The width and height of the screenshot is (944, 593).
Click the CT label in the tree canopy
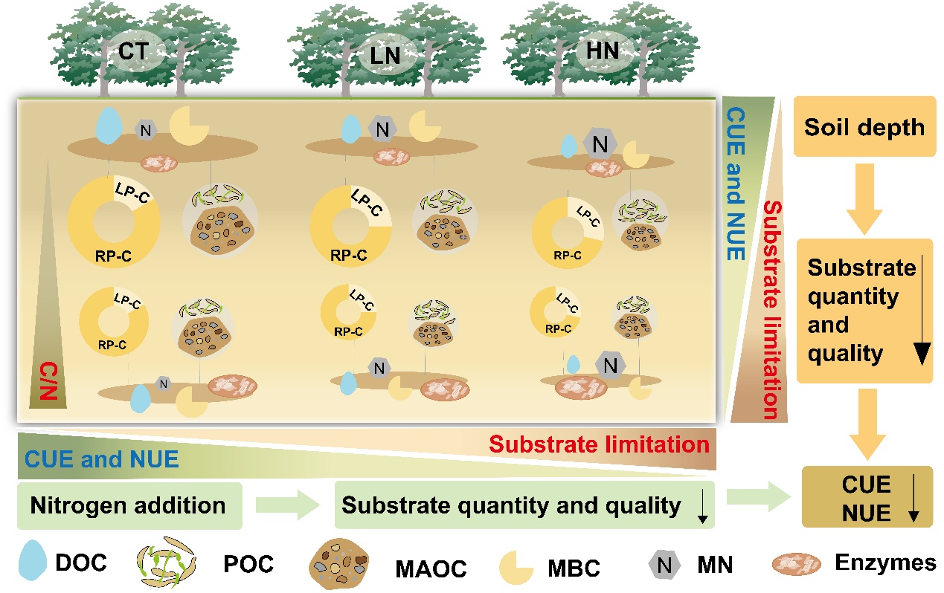coord(134,52)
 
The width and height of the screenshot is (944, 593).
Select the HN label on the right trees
coord(601,53)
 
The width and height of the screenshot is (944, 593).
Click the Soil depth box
coord(864,126)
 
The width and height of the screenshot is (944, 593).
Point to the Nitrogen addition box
coord(129,506)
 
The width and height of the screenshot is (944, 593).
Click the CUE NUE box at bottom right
coord(867,498)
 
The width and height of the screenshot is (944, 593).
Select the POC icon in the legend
coord(166,563)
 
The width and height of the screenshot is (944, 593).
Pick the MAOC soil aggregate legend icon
coord(338,566)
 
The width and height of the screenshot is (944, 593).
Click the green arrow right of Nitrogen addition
coord(286,506)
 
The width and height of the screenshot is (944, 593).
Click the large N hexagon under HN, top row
coord(600,142)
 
